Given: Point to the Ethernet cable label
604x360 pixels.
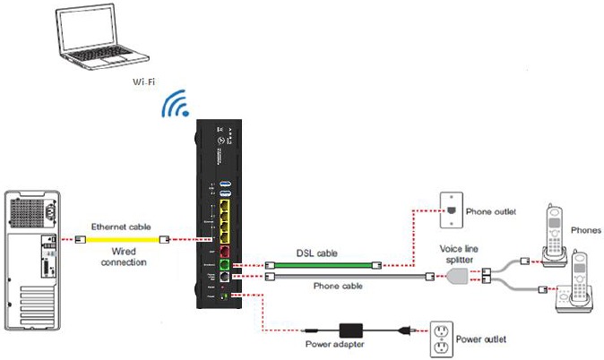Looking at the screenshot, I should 121,227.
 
